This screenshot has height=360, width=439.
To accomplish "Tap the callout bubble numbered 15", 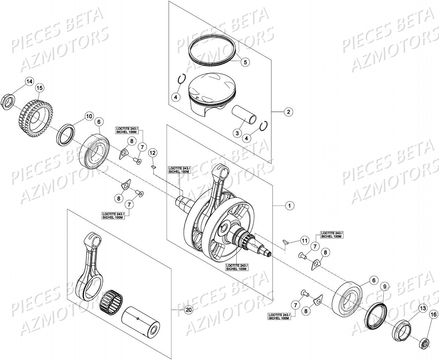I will click(x=40, y=88).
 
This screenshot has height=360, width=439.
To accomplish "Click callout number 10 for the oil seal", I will click(x=88, y=116).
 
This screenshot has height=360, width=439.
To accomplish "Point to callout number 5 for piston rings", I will click(x=245, y=62).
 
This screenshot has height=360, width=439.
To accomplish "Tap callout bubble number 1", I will click(x=289, y=206).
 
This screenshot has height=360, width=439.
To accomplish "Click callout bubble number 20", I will click(x=188, y=310).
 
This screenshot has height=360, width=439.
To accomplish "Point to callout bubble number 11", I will click(x=304, y=240).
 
